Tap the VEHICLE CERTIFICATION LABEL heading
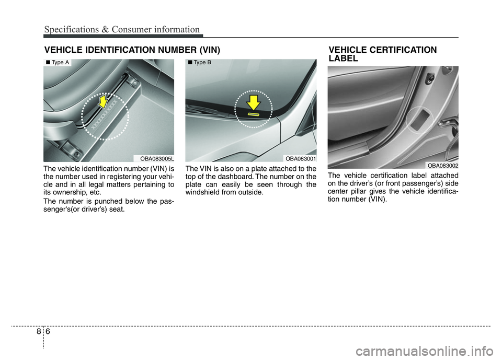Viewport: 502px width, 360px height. click(x=383, y=54)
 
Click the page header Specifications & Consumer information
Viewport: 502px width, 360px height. click(x=121, y=29)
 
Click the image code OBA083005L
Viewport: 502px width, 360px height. click(x=156, y=158)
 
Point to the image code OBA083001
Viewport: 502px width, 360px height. click(x=300, y=158)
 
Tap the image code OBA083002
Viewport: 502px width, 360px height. click(x=442, y=165)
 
